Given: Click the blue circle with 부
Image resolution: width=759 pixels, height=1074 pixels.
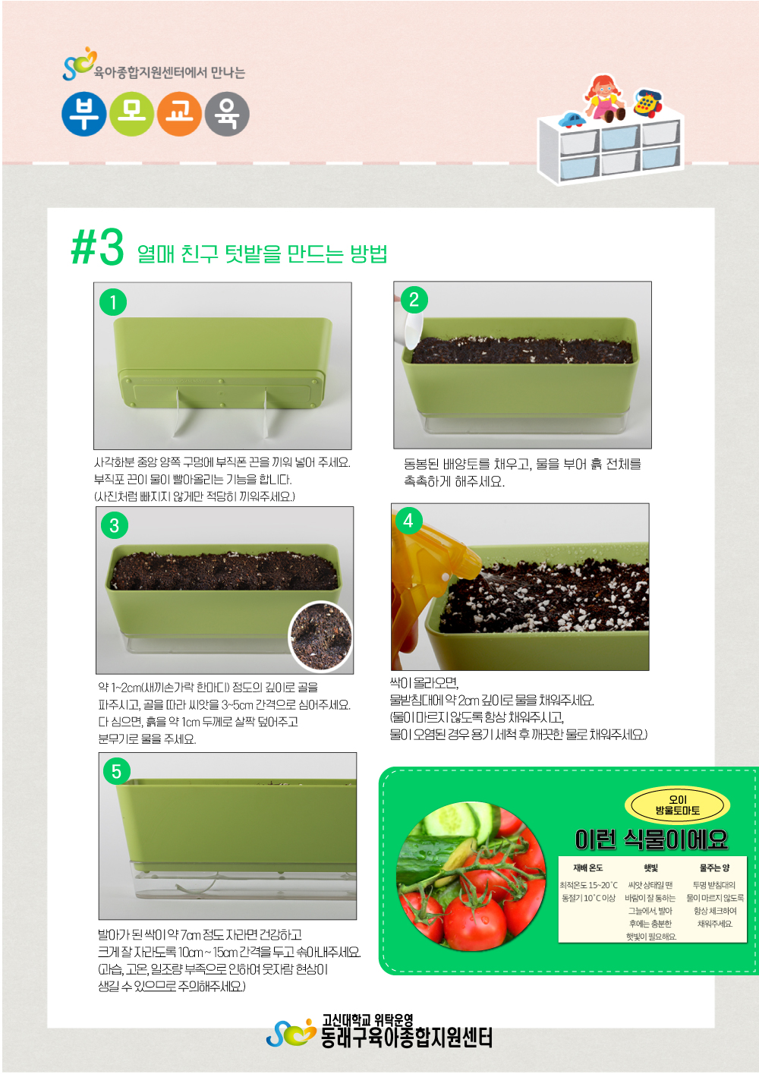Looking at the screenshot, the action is (x=84, y=114).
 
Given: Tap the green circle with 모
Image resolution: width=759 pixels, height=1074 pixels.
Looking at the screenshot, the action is (x=131, y=114).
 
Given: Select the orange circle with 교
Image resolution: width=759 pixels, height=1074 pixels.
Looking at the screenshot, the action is (x=179, y=114).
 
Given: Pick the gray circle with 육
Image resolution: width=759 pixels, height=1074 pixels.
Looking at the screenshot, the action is (x=227, y=114).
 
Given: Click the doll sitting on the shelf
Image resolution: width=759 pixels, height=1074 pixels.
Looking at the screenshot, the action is (x=604, y=98).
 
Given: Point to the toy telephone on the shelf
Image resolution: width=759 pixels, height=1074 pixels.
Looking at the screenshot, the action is (x=647, y=102).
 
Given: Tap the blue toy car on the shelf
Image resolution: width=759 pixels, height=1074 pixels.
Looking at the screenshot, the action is (x=572, y=119).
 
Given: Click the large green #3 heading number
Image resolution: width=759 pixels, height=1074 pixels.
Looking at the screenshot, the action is (x=98, y=247).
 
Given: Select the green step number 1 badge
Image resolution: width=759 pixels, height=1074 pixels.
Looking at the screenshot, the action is (x=113, y=302).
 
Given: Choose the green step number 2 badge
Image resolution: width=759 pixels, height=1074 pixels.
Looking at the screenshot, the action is (x=414, y=300).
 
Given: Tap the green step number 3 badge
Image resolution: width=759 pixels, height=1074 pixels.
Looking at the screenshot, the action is (x=115, y=525).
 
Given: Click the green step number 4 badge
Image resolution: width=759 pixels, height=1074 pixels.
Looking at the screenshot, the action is (x=408, y=520).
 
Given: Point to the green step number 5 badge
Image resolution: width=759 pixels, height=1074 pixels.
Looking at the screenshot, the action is (x=117, y=771).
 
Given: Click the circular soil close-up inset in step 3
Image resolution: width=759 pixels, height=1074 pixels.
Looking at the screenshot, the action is (x=320, y=636).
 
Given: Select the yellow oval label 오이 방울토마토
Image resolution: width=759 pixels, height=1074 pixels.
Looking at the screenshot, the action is (x=677, y=805).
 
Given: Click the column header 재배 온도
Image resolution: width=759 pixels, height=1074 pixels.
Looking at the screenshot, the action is (x=587, y=868).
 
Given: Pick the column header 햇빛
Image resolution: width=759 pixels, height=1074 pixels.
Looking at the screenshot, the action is (x=650, y=868).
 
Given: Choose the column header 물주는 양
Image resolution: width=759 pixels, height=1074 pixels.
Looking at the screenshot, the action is (x=714, y=868).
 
